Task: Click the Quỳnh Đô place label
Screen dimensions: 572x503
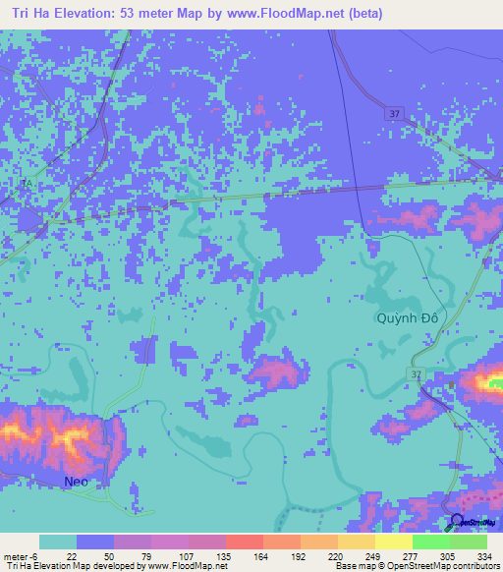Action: tap(408, 319)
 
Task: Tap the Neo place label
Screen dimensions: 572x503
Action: tap(76, 482)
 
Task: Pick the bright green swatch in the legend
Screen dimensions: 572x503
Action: tap(431, 542)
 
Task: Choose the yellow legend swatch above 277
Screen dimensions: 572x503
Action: tap(394, 542)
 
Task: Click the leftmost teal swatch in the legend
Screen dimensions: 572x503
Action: tap(58, 542)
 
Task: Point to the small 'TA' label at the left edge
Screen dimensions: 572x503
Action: tap(27, 184)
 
